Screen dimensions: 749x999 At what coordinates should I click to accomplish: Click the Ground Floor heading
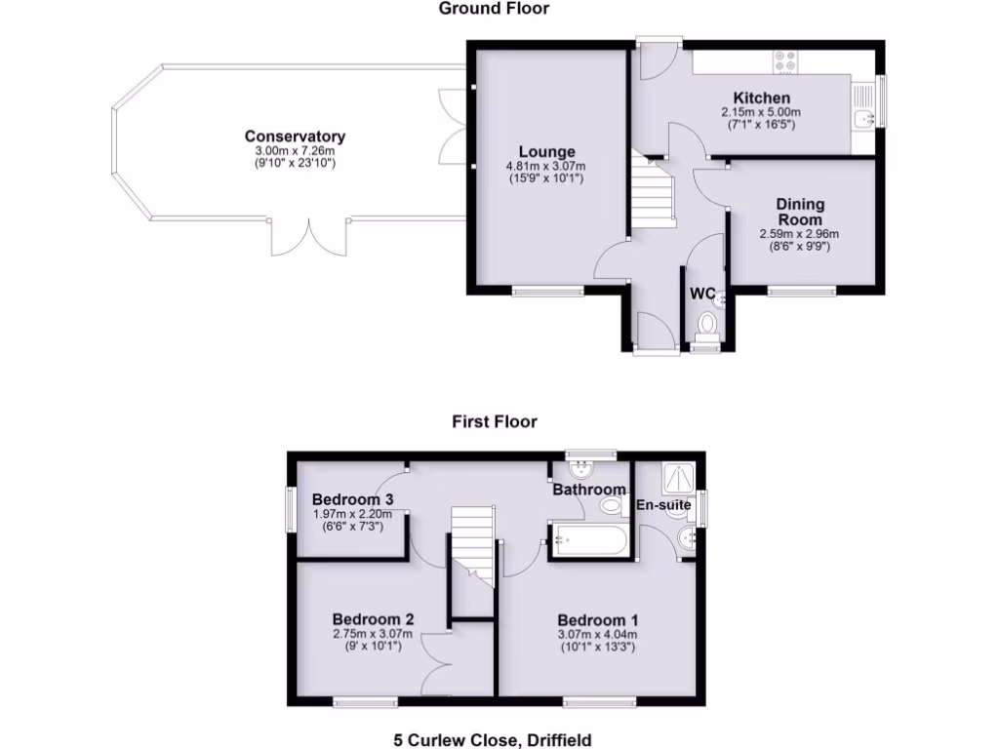(494, 9)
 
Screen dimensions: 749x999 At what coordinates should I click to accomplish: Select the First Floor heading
(494, 421)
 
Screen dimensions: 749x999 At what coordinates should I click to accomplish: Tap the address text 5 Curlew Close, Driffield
(493, 740)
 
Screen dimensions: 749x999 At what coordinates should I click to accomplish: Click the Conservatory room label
(295, 137)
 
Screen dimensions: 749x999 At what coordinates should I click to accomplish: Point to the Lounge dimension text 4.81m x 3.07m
(545, 166)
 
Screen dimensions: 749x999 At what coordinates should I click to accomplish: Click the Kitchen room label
(761, 99)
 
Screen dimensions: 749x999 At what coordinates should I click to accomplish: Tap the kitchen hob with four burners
(786, 61)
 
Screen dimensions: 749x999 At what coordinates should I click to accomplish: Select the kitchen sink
(861, 118)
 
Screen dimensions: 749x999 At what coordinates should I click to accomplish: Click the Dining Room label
(800, 212)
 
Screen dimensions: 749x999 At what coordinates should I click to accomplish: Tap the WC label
(702, 294)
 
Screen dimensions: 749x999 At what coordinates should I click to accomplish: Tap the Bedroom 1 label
(597, 619)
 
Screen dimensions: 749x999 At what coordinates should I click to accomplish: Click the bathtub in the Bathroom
(590, 539)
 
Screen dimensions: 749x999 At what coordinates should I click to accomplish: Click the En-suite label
(663, 505)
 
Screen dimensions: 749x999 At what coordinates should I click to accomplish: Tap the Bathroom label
(588, 490)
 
